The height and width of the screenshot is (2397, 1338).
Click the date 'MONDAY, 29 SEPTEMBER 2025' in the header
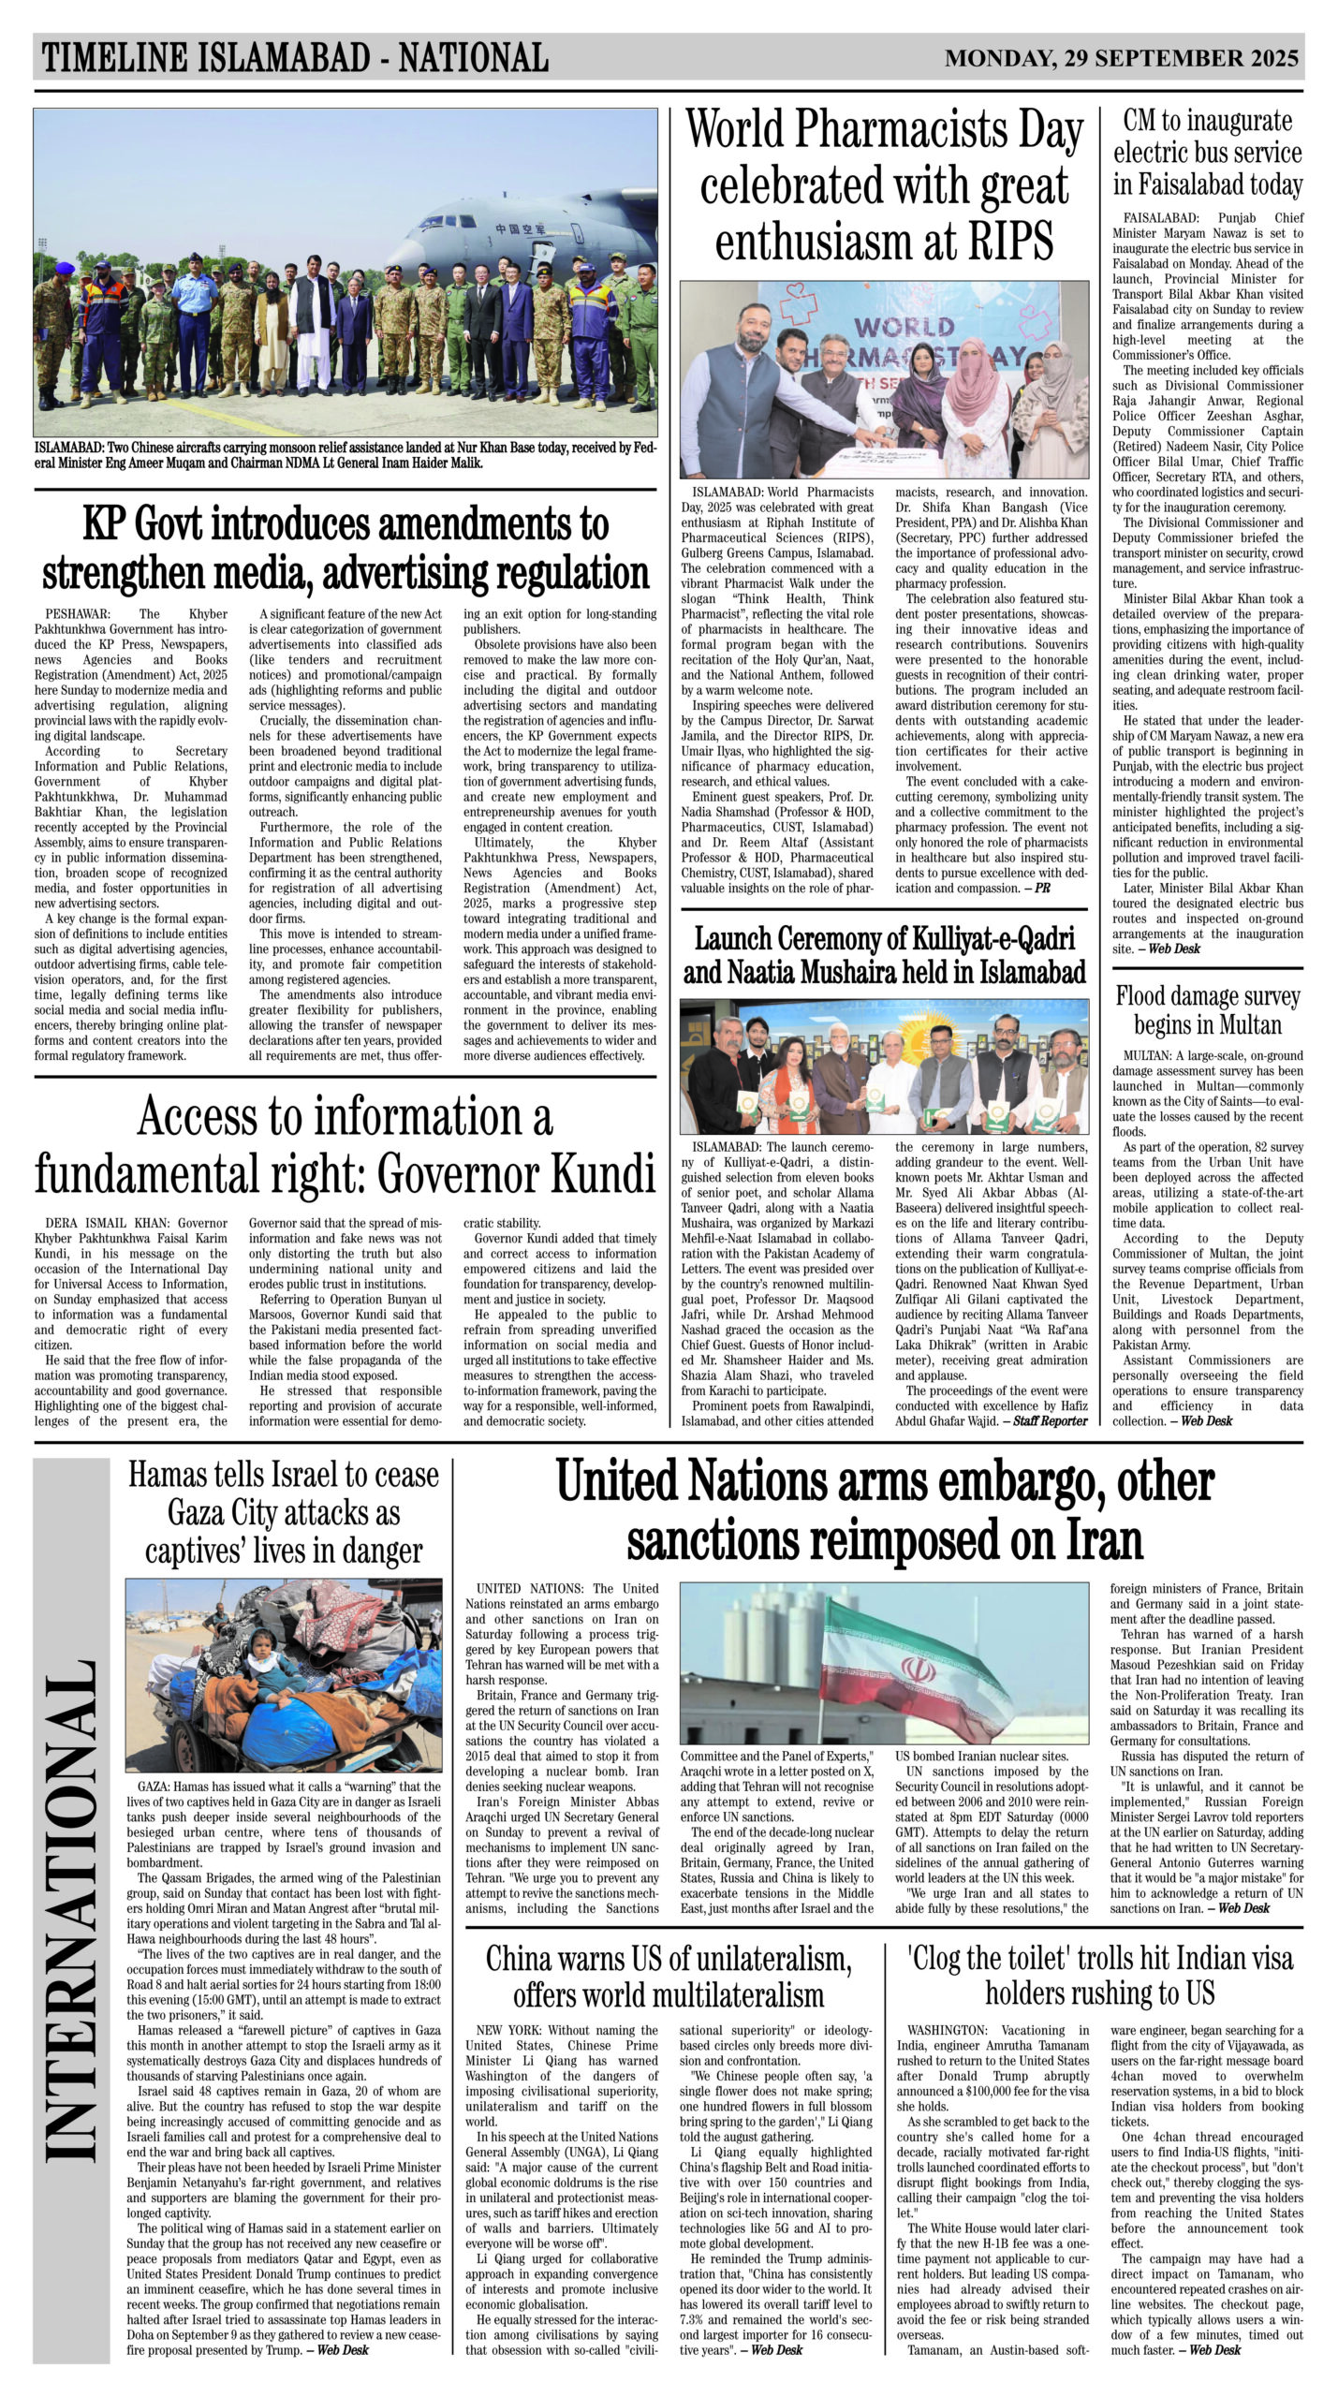(1121, 59)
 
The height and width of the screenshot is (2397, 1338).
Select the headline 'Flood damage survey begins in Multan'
(1207, 1009)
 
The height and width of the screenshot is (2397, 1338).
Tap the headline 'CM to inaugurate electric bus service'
(1207, 152)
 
